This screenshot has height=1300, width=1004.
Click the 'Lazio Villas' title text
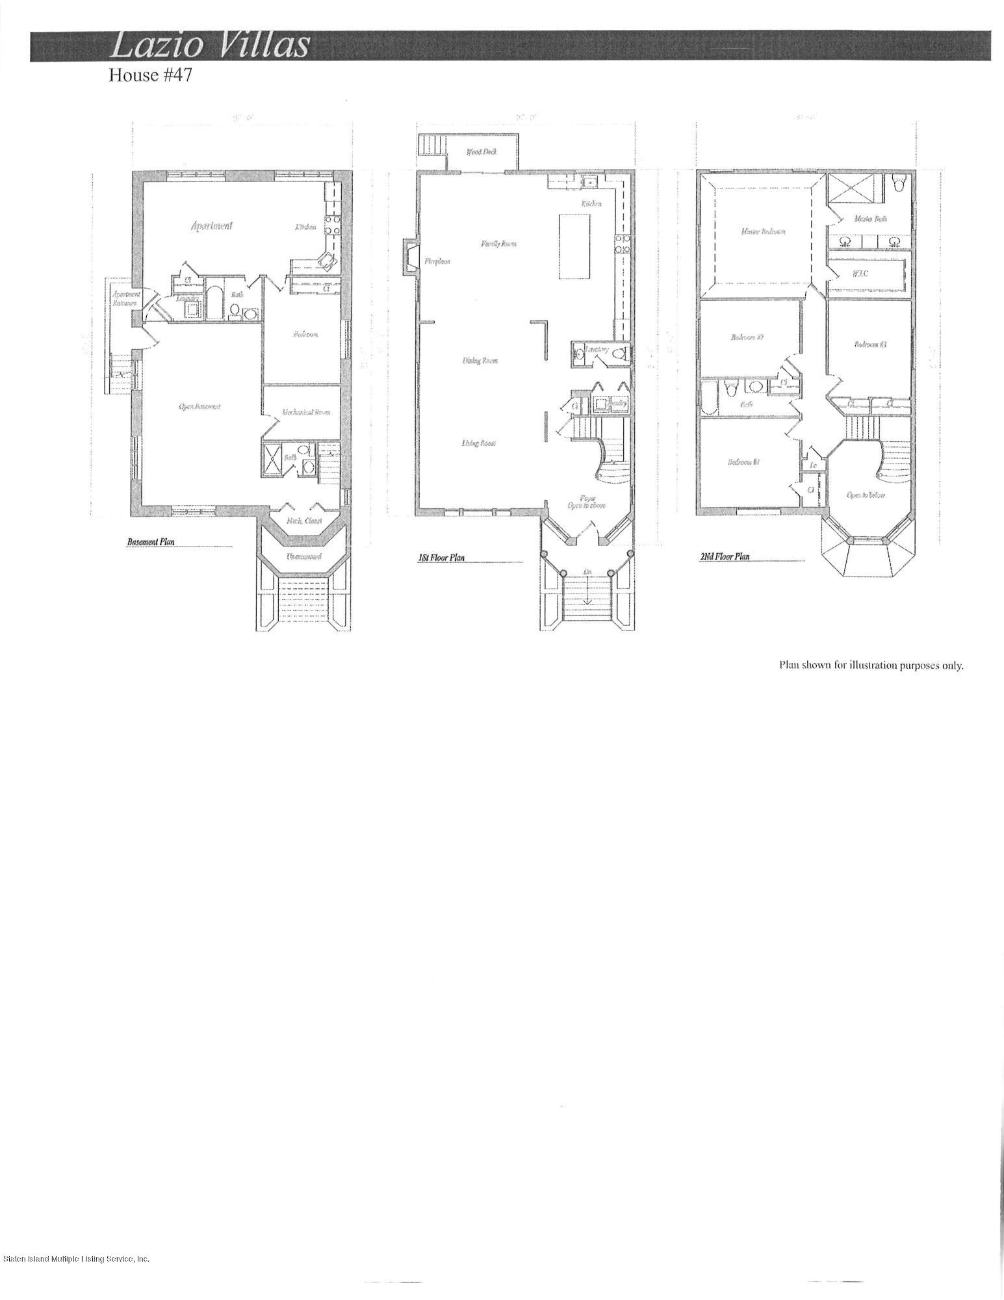[210, 46]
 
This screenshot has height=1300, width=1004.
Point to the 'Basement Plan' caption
[151, 541]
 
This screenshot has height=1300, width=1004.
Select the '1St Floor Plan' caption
[441, 558]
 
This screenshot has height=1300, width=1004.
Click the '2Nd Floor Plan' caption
[725, 556]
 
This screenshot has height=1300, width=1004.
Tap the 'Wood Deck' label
[482, 152]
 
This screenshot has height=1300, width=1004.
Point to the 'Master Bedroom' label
[763, 231]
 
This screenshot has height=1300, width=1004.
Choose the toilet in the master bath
[899, 184]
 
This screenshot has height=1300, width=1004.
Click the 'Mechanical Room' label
[302, 411]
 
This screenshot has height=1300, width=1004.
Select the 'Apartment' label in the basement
[211, 226]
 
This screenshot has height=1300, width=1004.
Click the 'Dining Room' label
[480, 361]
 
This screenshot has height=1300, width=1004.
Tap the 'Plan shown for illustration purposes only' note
[871, 665]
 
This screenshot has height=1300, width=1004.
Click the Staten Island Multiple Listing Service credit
[76, 1259]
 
